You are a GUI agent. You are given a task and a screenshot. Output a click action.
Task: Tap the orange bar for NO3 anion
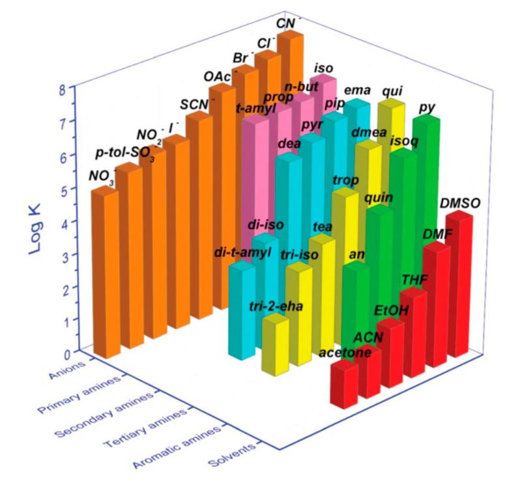[104, 273]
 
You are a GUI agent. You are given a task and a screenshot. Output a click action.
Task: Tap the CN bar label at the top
[286, 23]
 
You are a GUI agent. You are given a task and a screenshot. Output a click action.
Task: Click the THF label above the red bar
[414, 279]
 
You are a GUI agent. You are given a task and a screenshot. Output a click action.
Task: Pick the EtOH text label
[390, 310]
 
